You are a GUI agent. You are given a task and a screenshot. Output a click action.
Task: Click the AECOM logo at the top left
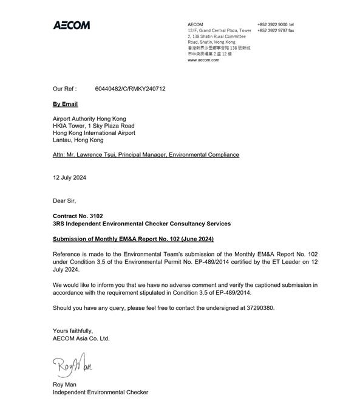(x=72, y=25)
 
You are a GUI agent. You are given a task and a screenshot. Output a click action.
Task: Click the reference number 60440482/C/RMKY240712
(x=130, y=89)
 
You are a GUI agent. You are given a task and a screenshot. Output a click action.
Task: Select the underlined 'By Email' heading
(x=66, y=105)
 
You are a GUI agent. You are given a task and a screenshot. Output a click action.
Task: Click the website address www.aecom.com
(x=203, y=61)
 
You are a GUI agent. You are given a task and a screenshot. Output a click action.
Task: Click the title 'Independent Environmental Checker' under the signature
(x=101, y=393)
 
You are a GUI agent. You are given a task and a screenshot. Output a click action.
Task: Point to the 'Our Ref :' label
(x=65, y=89)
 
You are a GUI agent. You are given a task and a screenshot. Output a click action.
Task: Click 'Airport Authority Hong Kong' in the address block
(x=90, y=119)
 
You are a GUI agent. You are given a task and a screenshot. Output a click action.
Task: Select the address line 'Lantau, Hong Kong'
(x=78, y=140)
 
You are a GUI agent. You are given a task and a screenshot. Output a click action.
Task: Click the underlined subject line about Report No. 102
(x=134, y=239)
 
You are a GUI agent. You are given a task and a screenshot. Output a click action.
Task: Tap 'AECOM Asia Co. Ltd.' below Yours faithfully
(x=81, y=338)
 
